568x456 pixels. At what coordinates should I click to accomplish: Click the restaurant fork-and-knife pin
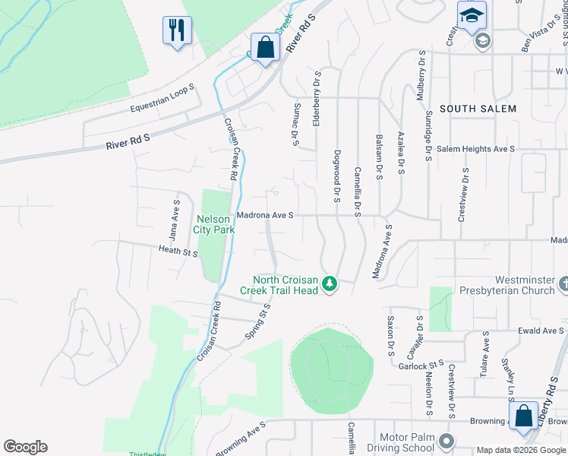177,31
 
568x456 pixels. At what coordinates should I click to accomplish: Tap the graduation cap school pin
472,16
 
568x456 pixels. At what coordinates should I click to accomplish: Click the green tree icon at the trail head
329,284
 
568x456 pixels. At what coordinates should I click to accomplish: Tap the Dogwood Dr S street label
336,176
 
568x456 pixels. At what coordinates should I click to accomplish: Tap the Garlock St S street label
421,366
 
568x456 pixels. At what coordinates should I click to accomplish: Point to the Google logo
25,447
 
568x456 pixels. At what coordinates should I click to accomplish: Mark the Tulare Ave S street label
484,357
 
